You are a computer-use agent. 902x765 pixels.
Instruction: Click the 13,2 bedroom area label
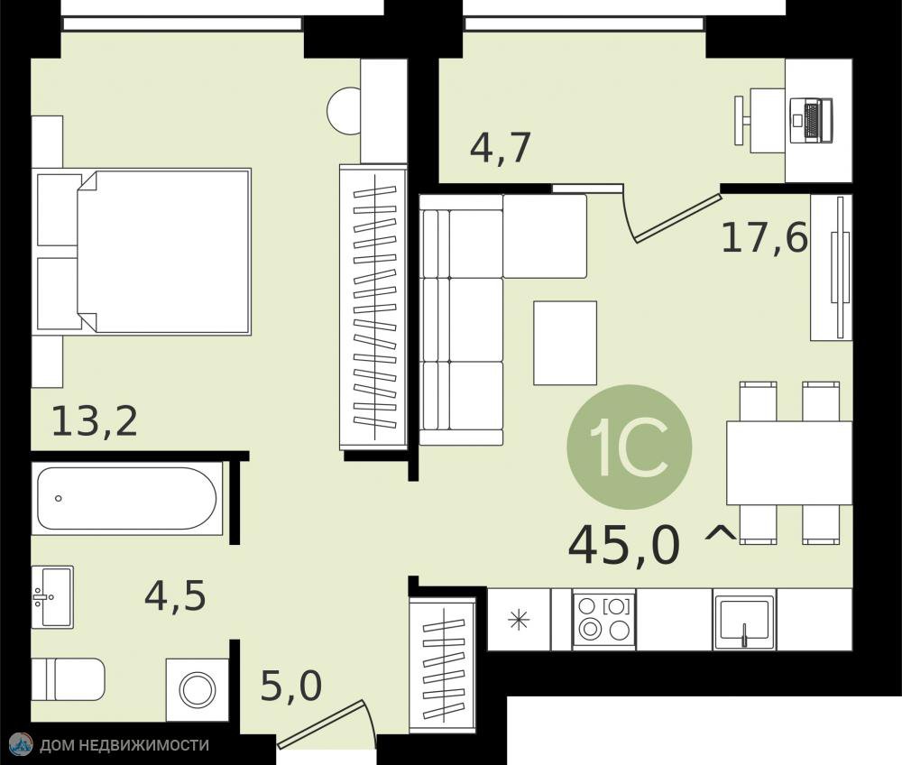95,421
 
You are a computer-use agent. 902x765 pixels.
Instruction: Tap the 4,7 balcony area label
501,148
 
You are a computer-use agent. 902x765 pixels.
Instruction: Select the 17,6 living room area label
765,238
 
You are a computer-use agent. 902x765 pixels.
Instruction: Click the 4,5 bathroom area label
176,596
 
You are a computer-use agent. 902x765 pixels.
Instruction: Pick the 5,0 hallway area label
291,686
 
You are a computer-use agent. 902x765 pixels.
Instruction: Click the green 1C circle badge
629,447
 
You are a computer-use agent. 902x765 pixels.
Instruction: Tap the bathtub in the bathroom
127,498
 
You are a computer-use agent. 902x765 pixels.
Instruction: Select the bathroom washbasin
52,596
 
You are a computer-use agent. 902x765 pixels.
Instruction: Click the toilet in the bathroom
68,679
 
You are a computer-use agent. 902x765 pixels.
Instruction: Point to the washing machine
198,689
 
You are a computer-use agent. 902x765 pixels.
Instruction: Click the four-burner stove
604,620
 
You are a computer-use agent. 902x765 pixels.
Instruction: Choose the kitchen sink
744,620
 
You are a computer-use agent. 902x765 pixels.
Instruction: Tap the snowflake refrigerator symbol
519,620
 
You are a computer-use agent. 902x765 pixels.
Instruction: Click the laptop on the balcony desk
811,121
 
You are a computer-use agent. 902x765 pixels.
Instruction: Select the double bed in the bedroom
142,252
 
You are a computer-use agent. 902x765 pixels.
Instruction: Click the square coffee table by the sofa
565,343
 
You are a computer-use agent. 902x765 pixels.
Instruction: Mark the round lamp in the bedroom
344,111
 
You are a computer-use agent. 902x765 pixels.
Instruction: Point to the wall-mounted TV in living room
841,267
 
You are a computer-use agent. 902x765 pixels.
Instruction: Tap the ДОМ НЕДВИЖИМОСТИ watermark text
124,745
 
